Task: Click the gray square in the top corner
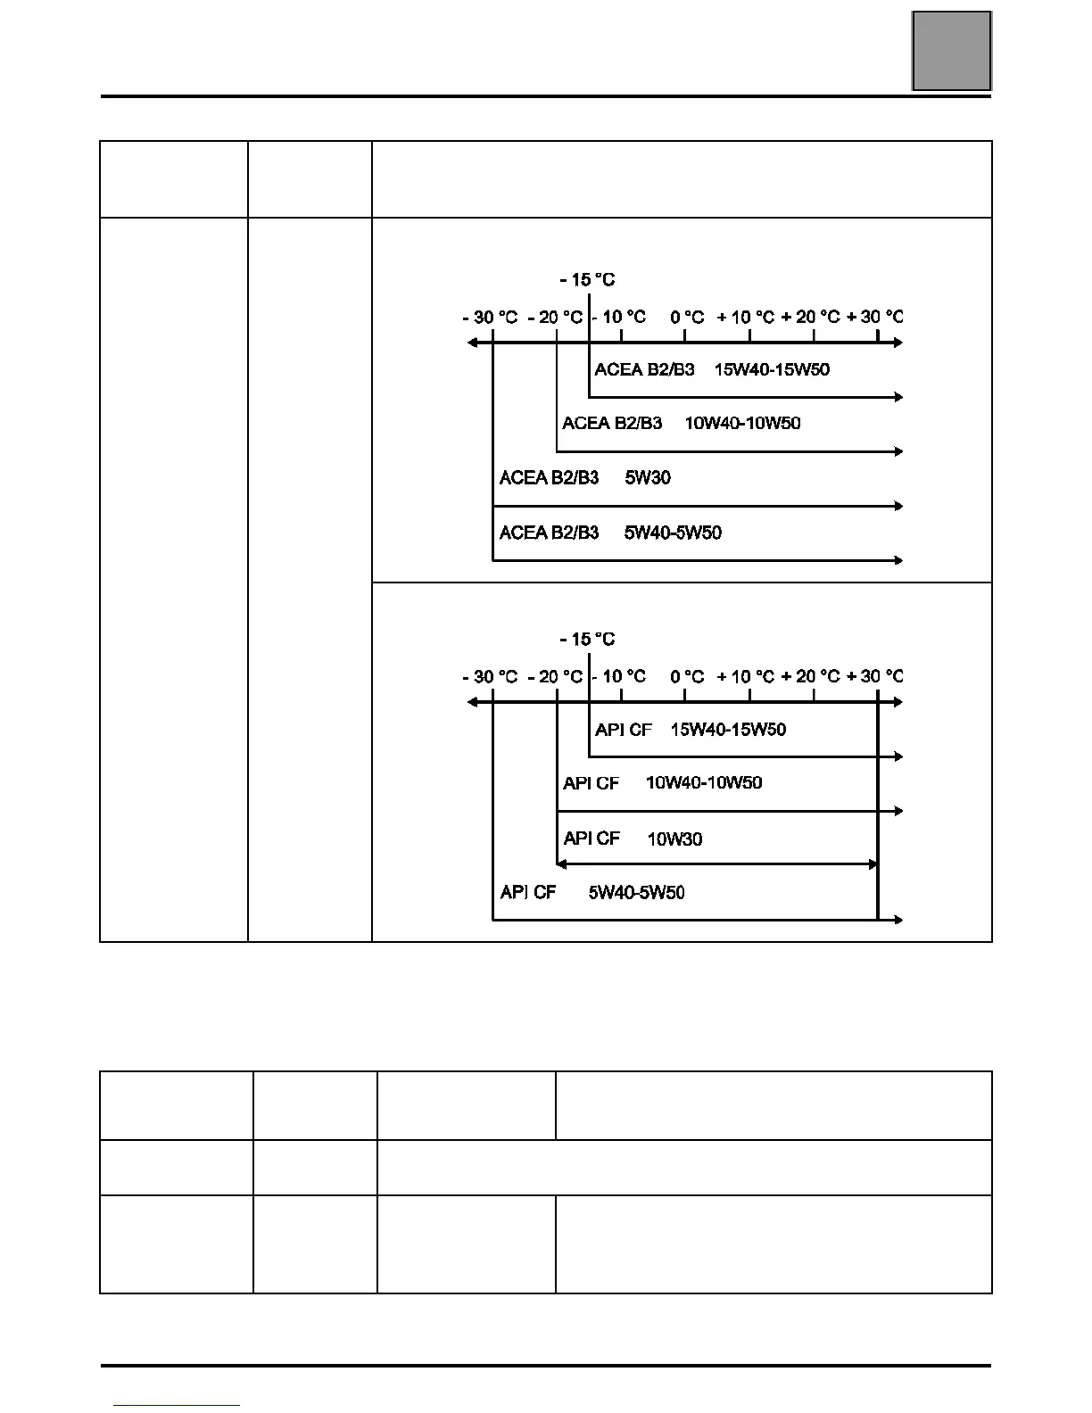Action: [951, 51]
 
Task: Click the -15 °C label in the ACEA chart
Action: [587, 280]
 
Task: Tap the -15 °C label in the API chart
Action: [587, 640]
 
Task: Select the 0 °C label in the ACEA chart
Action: [687, 318]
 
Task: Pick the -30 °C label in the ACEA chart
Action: [490, 318]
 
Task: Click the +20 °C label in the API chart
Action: [810, 677]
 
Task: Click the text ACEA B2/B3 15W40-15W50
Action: [712, 369]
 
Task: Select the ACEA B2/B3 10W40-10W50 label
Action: [681, 424]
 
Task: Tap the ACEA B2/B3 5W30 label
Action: [584, 478]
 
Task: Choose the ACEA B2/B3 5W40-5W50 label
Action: [610, 533]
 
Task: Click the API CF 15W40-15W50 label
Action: [691, 730]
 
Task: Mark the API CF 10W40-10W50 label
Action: [662, 783]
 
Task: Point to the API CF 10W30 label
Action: [633, 839]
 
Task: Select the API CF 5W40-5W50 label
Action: [592, 893]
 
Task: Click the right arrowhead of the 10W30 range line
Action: [873, 864]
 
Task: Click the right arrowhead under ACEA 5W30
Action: [898, 506]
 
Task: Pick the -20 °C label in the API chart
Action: [555, 677]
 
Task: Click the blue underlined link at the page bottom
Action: [178, 1404]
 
